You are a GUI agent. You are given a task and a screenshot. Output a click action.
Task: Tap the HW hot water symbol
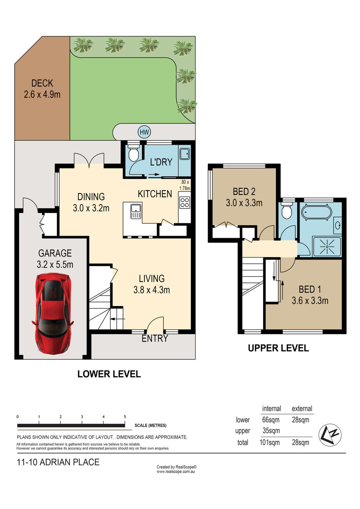[x=144, y=132]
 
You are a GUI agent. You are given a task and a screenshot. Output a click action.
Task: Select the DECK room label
[x=42, y=83]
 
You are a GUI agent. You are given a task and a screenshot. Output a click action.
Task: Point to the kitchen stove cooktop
[x=185, y=203]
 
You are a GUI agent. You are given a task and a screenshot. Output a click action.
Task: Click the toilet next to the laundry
[x=133, y=153]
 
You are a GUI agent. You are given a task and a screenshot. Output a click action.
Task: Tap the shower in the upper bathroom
[x=327, y=247]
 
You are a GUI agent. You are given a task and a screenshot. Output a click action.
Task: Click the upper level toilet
[x=287, y=210]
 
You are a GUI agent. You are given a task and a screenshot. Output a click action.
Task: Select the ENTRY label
[x=155, y=339]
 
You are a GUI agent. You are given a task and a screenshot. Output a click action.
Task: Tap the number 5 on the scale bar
[x=125, y=417]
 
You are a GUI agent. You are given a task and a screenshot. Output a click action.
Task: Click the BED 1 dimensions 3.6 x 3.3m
[x=310, y=301]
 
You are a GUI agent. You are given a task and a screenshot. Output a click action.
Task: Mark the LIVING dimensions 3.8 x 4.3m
[x=152, y=290]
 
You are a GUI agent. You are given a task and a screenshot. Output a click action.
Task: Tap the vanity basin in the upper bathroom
[x=338, y=225]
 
